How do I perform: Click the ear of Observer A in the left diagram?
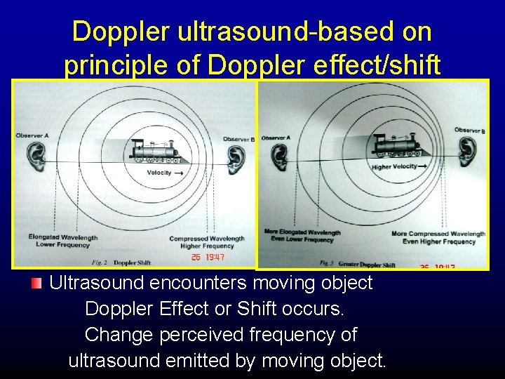pyautogui.click(x=33, y=157)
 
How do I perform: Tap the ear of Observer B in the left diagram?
pyautogui.click(x=237, y=161)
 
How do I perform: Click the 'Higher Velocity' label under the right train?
pyautogui.click(x=393, y=167)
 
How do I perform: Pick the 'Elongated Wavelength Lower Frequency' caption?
pyautogui.click(x=59, y=241)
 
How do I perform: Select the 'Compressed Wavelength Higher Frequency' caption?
pyautogui.click(x=207, y=242)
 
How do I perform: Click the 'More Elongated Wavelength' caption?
pyautogui.click(x=302, y=233)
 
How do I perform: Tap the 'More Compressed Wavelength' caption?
pyautogui.click(x=438, y=234)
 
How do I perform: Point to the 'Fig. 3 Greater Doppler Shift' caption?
pyautogui.click(x=358, y=264)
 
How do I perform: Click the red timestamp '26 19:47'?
pyautogui.click(x=208, y=258)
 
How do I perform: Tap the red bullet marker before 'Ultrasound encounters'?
pyautogui.click(x=37, y=284)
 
